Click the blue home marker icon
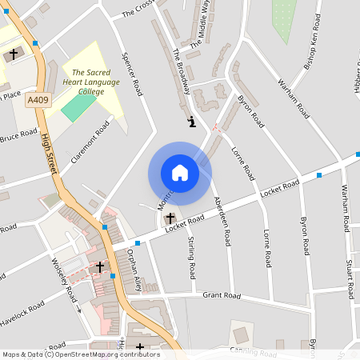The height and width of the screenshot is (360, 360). [x=180, y=173]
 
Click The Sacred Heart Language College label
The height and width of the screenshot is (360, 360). [x=90, y=81]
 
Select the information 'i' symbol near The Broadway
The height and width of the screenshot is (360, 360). [x=191, y=122]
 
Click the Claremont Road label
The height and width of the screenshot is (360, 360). [x=90, y=141]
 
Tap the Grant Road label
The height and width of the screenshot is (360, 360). [x=222, y=295]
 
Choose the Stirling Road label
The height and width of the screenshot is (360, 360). [x=192, y=258]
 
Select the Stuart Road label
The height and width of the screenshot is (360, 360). [x=350, y=275]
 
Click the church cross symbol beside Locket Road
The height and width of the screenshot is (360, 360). [x=170, y=218]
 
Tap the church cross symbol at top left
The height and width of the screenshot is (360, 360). [x=14, y=55]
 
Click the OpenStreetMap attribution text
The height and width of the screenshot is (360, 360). [x=80, y=354]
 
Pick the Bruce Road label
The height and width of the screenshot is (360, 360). [x=18, y=137]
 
